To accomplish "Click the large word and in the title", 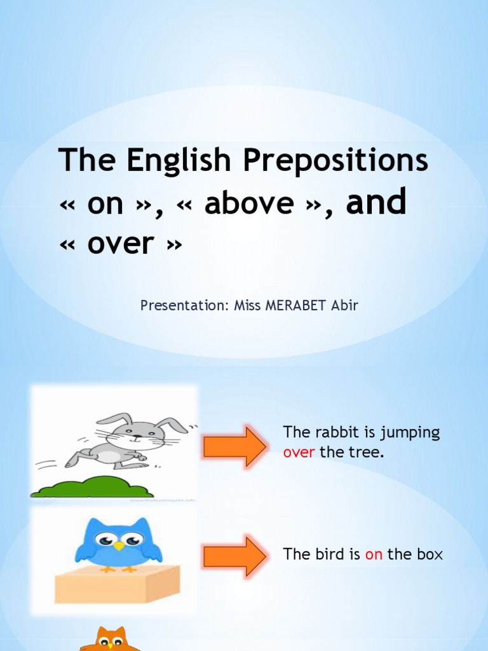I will pos(376,203).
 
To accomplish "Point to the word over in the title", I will pos(121,243).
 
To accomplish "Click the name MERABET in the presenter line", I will pos(291,306).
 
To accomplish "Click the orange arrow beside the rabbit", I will pos(234,446).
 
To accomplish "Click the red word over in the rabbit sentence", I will pos(299,454).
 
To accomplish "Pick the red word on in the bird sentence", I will pos(374,554).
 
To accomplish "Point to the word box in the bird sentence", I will pos(430,554).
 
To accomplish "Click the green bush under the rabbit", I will pos(93,488).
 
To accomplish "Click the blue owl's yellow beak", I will pos(119,546).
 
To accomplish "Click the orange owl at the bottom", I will pos(111,640).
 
